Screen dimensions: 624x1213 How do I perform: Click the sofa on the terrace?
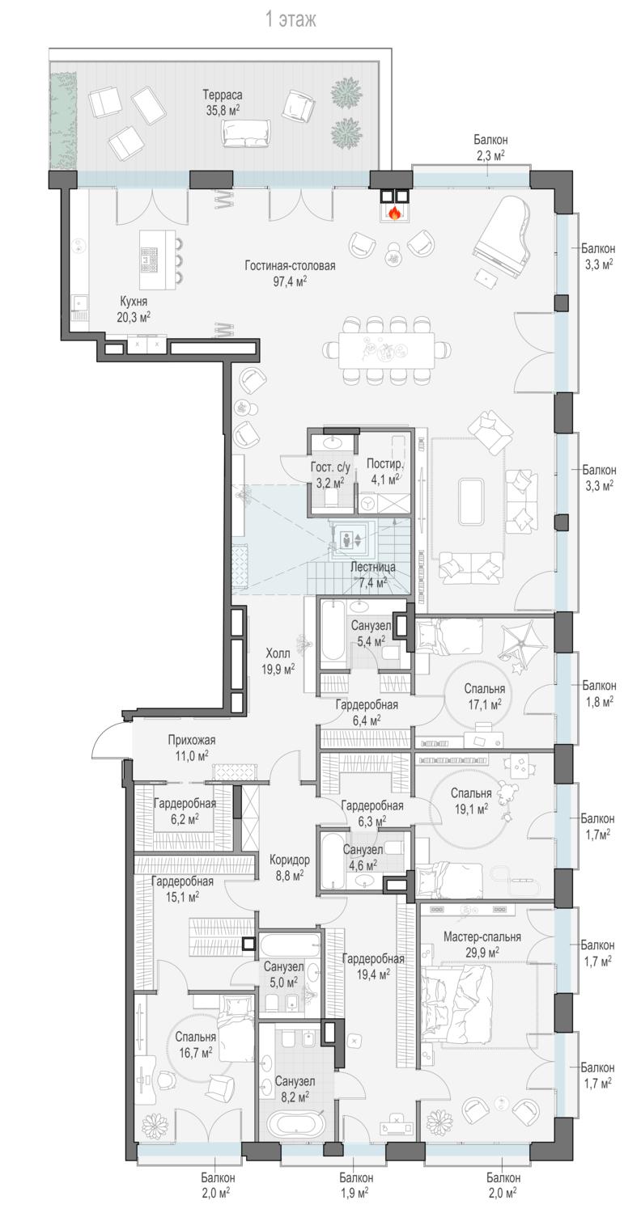pos(245,132)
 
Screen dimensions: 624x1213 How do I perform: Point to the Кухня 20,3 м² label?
pos(134,309)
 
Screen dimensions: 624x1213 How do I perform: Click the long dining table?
pos(387,350)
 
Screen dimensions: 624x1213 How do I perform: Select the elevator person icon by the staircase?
pos(346,539)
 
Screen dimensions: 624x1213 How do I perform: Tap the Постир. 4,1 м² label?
pos(384,471)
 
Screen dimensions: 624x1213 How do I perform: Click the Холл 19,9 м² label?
pos(278,661)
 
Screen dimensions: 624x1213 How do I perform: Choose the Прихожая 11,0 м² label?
pos(192,747)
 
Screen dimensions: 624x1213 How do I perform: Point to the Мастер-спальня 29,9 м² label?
pos(482,944)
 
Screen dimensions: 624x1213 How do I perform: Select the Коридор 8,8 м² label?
pos(290,867)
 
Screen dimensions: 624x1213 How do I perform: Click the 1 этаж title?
pos(291,20)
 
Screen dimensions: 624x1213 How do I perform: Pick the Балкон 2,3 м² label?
pos(490,148)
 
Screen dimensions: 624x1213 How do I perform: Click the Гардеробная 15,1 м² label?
pos(182,889)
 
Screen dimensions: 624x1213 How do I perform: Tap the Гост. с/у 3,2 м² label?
pos(330,475)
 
